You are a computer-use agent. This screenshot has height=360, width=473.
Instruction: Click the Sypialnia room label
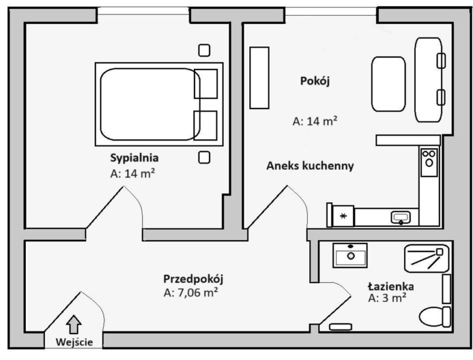(134, 158)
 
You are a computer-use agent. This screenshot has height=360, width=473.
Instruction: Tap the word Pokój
(315, 81)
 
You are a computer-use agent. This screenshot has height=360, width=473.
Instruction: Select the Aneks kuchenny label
(310, 166)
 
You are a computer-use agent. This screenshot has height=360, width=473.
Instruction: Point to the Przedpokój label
(193, 279)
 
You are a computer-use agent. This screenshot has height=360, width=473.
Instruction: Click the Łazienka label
(391, 286)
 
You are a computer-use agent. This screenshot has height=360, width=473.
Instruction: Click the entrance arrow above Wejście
(74, 324)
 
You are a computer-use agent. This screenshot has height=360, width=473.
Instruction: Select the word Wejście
(74, 342)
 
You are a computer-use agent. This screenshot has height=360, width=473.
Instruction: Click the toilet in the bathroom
(435, 317)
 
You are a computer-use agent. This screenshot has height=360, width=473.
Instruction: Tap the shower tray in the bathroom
(427, 258)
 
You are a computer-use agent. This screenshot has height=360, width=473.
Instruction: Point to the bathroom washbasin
(350, 256)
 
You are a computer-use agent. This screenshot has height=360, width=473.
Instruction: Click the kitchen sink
(400, 217)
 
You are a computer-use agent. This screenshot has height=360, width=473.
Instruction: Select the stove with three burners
(429, 162)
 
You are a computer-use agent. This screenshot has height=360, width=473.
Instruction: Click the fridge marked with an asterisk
(343, 216)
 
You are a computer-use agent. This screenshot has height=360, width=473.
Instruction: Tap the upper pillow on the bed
(206, 84)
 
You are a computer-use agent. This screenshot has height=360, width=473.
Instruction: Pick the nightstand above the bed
(204, 50)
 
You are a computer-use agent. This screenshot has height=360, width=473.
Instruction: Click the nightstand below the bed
(204, 157)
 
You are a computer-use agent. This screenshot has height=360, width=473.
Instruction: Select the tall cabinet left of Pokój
(259, 77)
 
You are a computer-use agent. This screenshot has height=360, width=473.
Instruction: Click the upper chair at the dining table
(441, 61)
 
